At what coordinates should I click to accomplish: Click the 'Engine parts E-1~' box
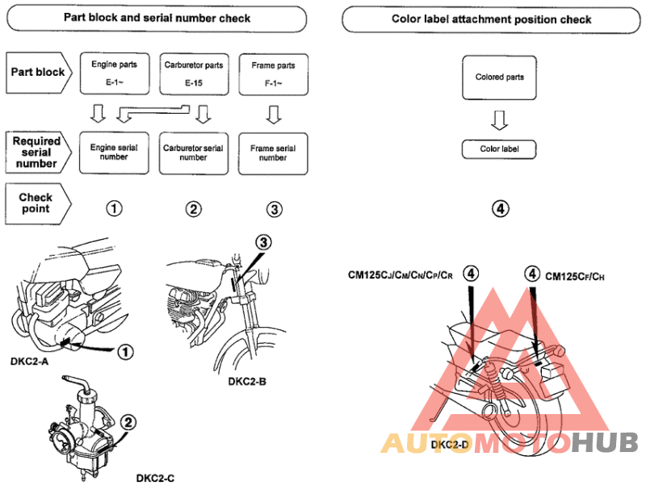pos(114,72)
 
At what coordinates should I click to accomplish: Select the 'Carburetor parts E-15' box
pos(193,72)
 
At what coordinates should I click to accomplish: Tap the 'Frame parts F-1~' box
pos(274,72)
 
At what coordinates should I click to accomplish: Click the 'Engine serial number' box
pos(114,153)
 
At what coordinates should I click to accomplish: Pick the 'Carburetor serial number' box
pos(193,153)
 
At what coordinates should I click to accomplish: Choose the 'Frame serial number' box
pos(274,153)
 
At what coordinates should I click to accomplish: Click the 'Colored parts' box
pos(500,77)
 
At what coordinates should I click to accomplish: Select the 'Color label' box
pos(500,149)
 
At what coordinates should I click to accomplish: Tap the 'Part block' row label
pos(38,72)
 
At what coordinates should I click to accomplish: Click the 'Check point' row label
pos(36,203)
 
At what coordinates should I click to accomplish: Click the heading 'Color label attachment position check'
pos(491,19)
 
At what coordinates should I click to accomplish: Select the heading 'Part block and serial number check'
pos(157,19)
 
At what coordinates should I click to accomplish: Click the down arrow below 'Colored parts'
pos(500,120)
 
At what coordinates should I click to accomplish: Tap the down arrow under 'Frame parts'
pos(274,115)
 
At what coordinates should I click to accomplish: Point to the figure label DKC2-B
pos(247,380)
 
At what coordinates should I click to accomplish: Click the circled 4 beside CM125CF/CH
pos(531,275)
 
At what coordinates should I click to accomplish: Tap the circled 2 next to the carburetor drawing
pos(128,422)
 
